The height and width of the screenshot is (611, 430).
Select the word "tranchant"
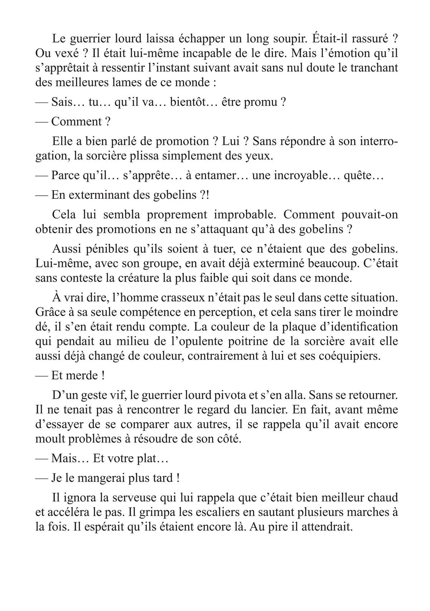(x=374, y=68)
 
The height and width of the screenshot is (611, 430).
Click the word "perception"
(x=224, y=312)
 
